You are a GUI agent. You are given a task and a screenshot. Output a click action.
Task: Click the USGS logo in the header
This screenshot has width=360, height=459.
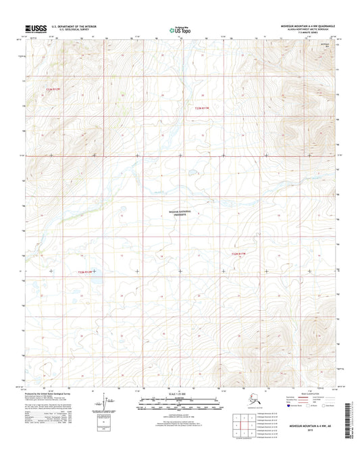click(35, 28)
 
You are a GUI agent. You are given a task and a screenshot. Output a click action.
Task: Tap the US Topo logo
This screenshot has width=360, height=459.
click(179, 28)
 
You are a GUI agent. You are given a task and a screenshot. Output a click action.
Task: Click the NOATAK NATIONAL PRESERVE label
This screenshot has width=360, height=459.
click(180, 212)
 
